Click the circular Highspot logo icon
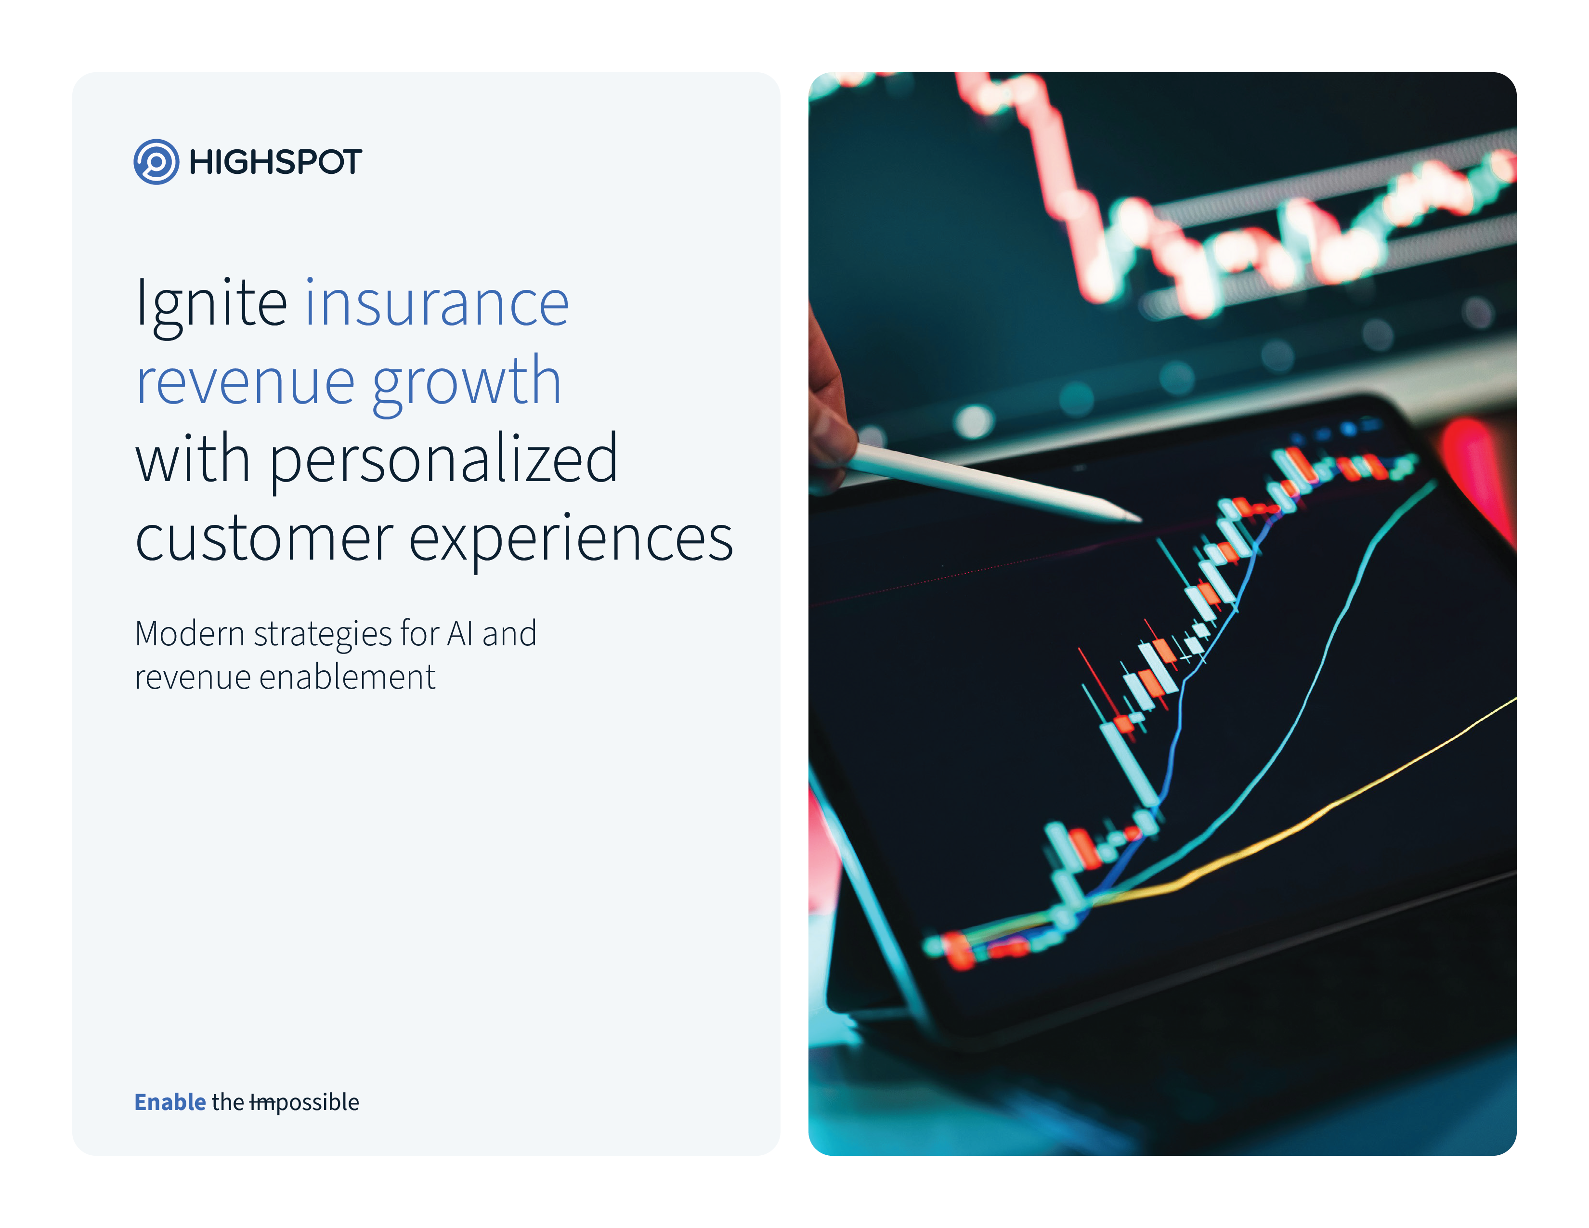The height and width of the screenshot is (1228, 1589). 156,161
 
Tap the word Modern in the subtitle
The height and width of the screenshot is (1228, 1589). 190,634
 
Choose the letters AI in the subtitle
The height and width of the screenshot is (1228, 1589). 460,634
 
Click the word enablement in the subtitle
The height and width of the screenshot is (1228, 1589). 347,677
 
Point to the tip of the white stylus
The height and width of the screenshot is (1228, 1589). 1140,520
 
